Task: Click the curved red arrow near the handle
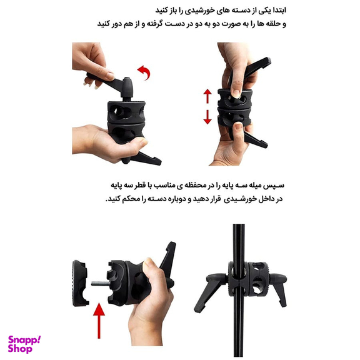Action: [145, 72]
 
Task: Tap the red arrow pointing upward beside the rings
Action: [207, 96]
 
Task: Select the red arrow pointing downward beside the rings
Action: [207, 117]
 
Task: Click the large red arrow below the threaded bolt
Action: [99, 321]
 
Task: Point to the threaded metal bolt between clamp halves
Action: [101, 284]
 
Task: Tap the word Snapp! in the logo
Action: [24, 340]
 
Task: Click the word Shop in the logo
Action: [20, 349]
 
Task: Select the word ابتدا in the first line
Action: [279, 11]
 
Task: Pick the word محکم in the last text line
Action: [130, 199]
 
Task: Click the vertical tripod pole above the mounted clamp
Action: [238, 242]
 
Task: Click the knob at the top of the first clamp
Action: [127, 87]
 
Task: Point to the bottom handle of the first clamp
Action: [144, 159]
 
